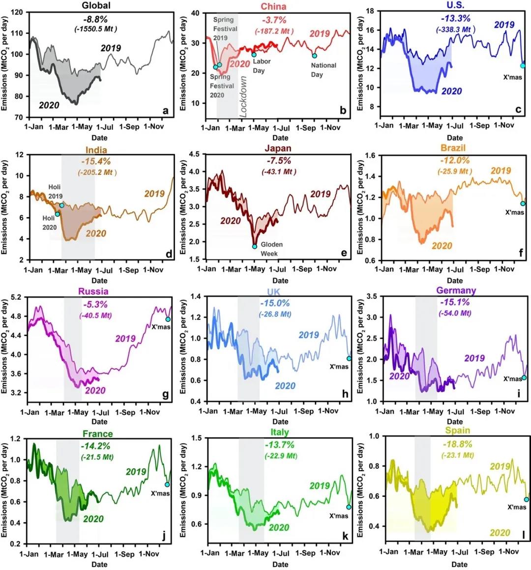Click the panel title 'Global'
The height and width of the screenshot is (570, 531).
96,5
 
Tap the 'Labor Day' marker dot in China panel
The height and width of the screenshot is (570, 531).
254,55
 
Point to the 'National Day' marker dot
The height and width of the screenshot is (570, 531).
315,56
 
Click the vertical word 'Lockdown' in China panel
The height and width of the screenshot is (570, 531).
243,96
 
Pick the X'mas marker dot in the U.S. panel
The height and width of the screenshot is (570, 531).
523,66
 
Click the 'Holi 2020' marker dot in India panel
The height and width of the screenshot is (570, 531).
57,214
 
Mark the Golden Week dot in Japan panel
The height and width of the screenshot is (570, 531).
255,246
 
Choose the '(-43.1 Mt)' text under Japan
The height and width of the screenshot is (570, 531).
279,171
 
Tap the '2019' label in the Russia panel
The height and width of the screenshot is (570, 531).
125,338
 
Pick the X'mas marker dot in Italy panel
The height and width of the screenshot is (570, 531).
349,507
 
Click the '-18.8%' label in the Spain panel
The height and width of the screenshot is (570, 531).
457,444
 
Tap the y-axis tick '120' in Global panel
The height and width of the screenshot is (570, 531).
16,12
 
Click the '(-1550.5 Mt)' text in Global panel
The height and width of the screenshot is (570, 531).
92,29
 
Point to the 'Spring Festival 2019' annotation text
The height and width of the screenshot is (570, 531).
225,29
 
